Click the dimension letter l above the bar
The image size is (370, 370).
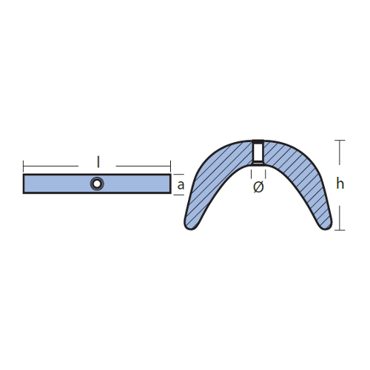click(98, 162)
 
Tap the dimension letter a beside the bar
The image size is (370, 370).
click(181, 185)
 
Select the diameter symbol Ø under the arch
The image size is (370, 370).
click(258, 186)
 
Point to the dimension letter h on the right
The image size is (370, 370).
click(340, 184)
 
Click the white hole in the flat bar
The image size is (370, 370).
click(97, 184)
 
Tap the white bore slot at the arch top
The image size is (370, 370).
click(258, 152)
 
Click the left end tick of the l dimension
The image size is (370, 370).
click(24, 166)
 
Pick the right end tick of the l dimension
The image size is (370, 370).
click(170, 166)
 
